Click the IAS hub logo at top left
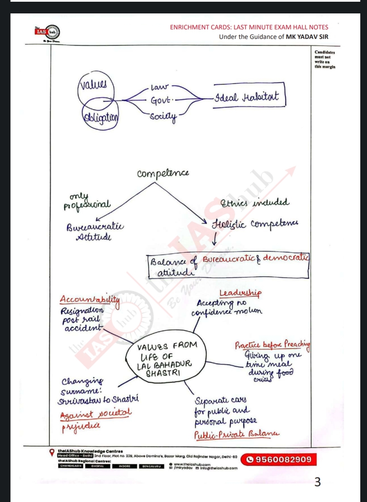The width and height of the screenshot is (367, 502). pos(48,32)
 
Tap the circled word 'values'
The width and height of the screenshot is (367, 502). pos(92,85)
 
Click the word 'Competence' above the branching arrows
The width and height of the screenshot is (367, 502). pos(163,174)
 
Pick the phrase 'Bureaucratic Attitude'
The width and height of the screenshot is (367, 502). pos(95,231)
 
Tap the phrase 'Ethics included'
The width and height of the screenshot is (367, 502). pos(254,202)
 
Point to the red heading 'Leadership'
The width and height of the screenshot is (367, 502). pos(240,293)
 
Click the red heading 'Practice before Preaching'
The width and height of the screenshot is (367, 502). pos(272,344)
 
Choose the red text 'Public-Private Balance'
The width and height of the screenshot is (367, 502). pos(236,434)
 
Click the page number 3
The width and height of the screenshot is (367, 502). pos(317,482)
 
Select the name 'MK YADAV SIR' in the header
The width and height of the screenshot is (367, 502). pos(307,37)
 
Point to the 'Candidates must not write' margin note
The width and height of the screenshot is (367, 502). pos(325,59)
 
